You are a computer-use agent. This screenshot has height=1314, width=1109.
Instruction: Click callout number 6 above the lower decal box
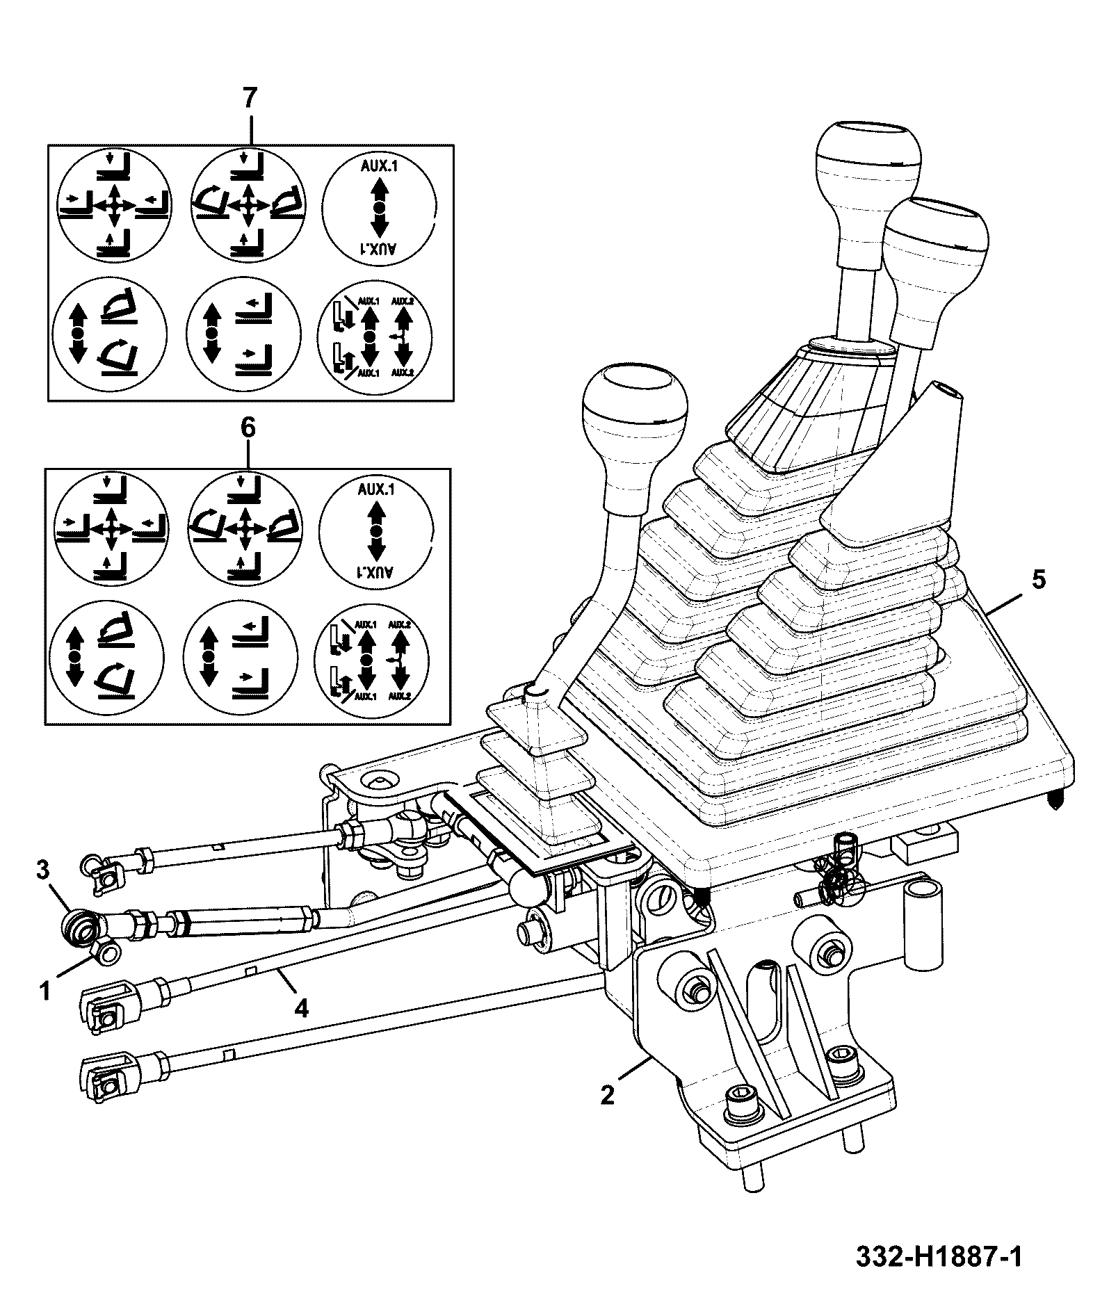coord(248,428)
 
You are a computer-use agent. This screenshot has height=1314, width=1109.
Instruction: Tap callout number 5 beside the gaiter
coord(1038,579)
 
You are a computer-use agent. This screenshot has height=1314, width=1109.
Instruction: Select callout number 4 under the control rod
coord(300,1007)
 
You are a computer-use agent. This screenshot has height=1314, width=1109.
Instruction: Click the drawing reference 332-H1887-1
coord(939,1257)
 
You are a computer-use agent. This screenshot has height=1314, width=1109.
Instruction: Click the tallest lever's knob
coord(868,162)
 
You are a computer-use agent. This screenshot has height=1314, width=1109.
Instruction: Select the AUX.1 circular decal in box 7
coord(378,206)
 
